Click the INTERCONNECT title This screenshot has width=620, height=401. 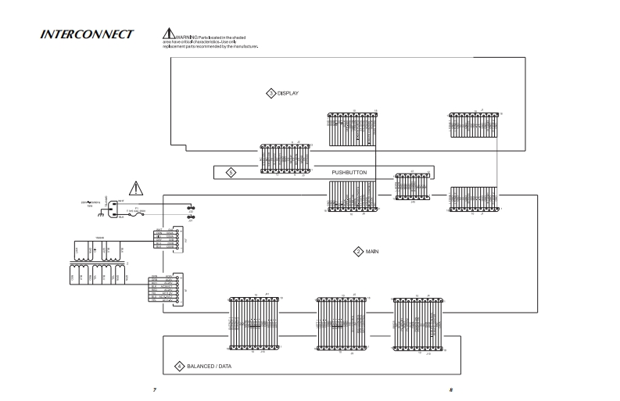[87, 34]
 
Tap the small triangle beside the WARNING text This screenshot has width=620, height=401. [168, 34]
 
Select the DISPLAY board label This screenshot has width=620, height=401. [288, 93]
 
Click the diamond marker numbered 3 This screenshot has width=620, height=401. [271, 93]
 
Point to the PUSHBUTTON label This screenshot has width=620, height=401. [349, 172]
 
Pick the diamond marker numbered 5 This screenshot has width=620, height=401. [231, 172]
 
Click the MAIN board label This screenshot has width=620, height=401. [372, 252]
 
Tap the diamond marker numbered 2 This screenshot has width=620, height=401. [358, 252]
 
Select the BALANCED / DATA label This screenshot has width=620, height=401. [209, 366]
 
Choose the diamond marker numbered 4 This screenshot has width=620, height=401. [179, 366]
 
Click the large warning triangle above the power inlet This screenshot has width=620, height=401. [137, 188]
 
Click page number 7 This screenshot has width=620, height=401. [155, 390]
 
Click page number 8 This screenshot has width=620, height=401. [451, 390]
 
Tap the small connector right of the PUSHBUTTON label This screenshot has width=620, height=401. [412, 187]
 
